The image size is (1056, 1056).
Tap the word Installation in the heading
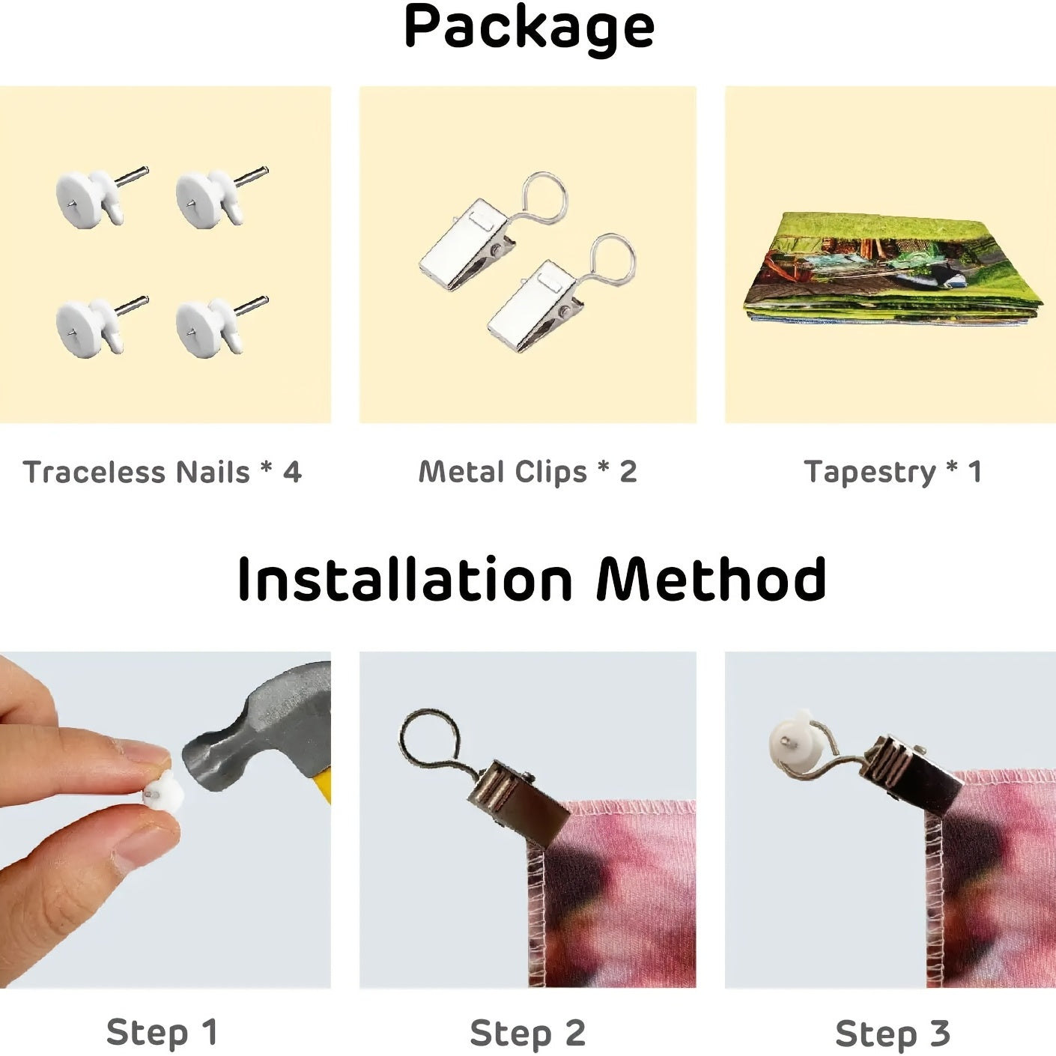(x=405, y=579)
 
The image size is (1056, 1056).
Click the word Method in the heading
(x=711, y=579)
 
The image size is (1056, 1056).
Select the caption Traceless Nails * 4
(x=163, y=472)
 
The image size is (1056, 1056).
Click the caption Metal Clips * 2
(x=528, y=472)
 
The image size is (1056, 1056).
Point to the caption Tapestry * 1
(x=892, y=472)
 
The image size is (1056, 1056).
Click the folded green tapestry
(x=893, y=269)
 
